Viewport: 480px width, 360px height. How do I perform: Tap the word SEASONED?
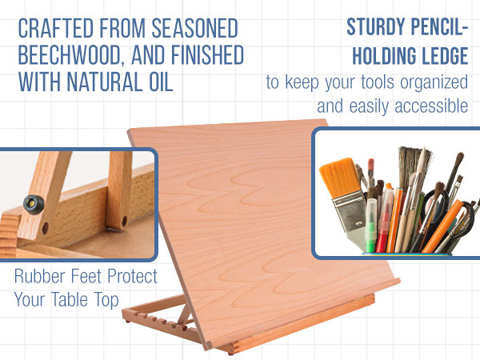[x=192, y=30]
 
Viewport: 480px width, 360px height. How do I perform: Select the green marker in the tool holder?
[x=371, y=221]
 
